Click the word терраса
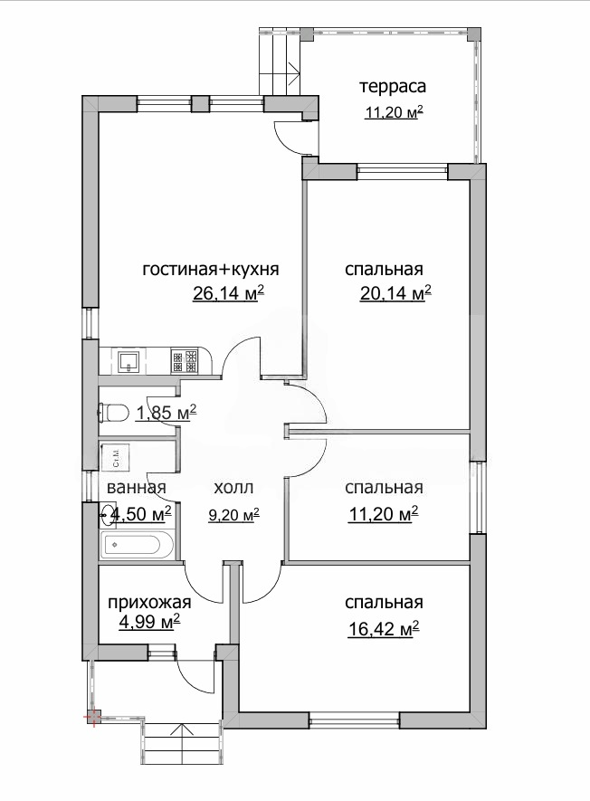393,86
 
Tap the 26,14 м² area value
228,293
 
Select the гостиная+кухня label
211,269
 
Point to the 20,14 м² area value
395,293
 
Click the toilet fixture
113,413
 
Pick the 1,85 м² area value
166,412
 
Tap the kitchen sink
131,361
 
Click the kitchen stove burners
184,360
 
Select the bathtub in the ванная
138,545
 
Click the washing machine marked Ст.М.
115,457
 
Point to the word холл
233,488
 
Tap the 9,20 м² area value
233,514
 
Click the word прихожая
149,603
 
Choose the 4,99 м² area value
148,622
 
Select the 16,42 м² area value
383,629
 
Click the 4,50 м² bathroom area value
140,514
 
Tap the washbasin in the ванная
107,515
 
